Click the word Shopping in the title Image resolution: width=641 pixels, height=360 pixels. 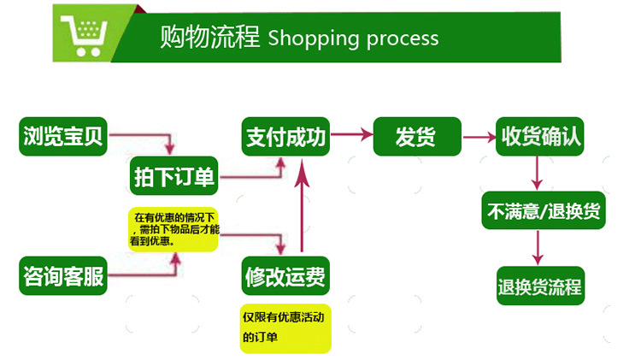pyautogui.click(x=307, y=38)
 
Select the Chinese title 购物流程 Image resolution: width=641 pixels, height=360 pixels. pyautogui.click(x=209, y=38)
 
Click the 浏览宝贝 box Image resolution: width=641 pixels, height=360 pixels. pyautogui.click(x=63, y=137)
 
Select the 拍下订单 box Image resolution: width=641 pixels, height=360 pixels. pyautogui.click(x=175, y=178)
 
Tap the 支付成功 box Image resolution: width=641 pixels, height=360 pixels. pyautogui.click(x=285, y=137)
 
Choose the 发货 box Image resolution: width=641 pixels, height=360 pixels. pyautogui.click(x=416, y=137)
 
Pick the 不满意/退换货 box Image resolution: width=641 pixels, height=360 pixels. pyautogui.click(x=544, y=211)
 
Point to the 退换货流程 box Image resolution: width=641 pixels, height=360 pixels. pyautogui.click(x=539, y=286)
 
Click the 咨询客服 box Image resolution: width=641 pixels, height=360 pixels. pyautogui.click(x=63, y=275)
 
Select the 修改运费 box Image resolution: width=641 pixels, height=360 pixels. pyautogui.click(x=285, y=275)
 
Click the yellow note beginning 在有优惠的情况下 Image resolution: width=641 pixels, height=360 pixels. pyautogui.click(x=176, y=229)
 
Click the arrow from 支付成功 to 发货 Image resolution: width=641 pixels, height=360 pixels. pyautogui.click(x=352, y=135)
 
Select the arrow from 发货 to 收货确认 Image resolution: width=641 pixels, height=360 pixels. pyautogui.click(x=478, y=135)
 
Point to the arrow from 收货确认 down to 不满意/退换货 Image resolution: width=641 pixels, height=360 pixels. pyautogui.click(x=537, y=174)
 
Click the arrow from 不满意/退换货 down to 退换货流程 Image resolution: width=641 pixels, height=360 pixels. pyautogui.click(x=538, y=248)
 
